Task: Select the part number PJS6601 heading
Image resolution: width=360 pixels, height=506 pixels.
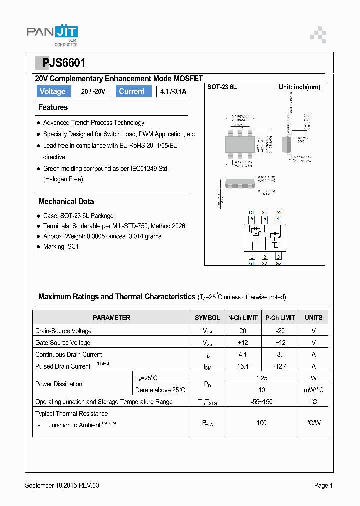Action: click(x=60, y=63)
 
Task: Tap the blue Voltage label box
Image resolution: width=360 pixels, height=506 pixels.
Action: click(x=52, y=91)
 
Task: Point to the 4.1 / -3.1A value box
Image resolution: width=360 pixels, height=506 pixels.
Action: click(x=173, y=91)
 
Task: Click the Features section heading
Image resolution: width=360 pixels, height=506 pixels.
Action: click(x=53, y=107)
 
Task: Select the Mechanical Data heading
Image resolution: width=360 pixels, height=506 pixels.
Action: click(x=66, y=202)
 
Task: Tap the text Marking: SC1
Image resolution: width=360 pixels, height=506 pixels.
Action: click(x=61, y=247)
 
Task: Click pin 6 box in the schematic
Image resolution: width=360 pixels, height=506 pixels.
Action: click(x=252, y=219)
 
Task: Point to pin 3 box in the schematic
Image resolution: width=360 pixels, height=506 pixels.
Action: click(x=278, y=257)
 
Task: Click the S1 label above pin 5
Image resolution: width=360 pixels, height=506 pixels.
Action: click(x=265, y=212)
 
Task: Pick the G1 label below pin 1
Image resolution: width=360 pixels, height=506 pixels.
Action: click(x=252, y=263)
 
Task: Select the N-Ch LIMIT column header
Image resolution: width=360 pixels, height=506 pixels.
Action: click(x=243, y=318)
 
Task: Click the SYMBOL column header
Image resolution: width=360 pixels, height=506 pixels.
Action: click(x=207, y=318)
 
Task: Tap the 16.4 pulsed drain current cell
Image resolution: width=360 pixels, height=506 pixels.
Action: click(x=243, y=366)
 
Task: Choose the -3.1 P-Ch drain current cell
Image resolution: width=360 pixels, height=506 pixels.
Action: click(x=280, y=354)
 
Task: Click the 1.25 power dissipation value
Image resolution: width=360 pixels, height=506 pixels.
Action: click(x=262, y=378)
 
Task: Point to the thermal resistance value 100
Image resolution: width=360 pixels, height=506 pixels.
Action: click(x=262, y=423)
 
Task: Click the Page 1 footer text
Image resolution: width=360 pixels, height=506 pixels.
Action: click(x=323, y=485)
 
